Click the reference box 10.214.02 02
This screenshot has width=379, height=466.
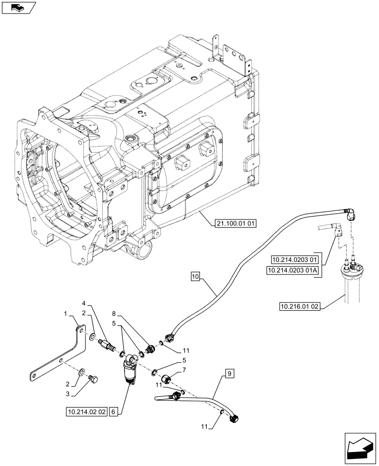point(87,411)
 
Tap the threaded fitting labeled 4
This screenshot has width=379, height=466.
point(109,347)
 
